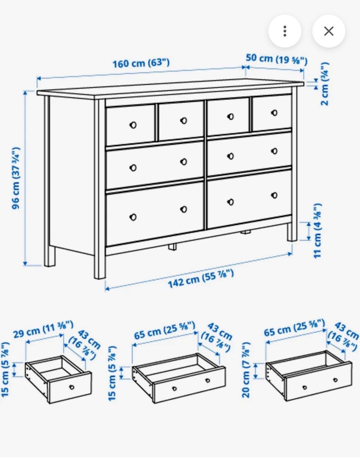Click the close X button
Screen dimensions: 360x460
point(328,31)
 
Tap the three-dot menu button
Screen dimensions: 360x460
point(285,31)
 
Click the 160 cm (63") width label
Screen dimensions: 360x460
point(141,63)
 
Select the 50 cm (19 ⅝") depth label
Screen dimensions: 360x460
point(276,59)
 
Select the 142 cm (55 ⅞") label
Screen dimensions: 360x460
point(201,279)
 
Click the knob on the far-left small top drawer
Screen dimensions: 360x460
point(133,125)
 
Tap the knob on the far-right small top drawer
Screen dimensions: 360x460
point(274,113)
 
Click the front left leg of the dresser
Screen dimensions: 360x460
point(100,189)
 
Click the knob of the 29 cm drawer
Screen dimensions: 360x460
point(72,387)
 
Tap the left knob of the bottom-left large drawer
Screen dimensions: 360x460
point(133,217)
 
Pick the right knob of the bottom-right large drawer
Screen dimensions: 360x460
point(274,195)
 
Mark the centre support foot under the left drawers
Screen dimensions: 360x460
point(172,247)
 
